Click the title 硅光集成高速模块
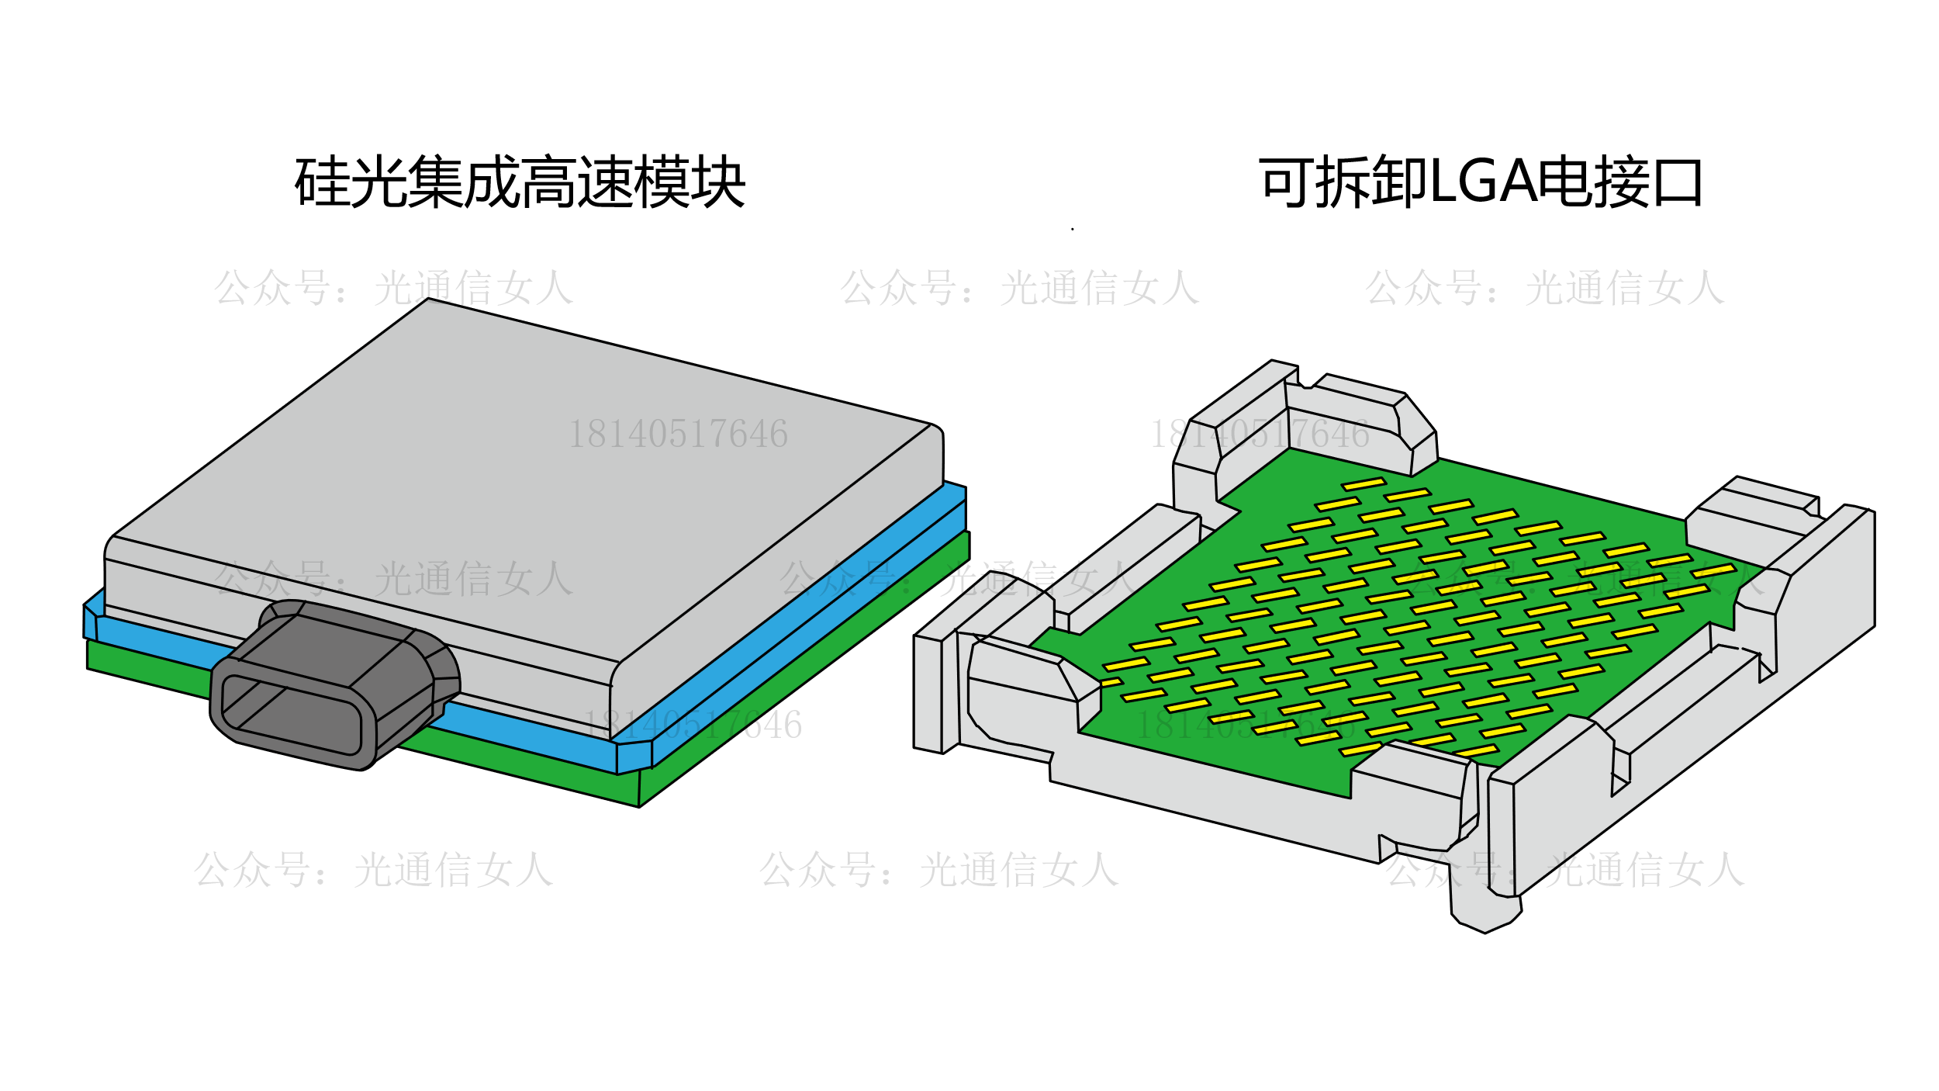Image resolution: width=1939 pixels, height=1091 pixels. point(520,182)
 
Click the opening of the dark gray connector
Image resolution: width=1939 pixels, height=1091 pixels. point(292,715)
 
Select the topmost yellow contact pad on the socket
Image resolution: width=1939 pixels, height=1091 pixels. point(1364,484)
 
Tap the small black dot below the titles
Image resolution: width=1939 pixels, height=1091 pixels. point(1073,229)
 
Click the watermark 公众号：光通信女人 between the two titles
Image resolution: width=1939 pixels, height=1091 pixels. point(1020,288)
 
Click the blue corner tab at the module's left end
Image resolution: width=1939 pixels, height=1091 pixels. point(92,621)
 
